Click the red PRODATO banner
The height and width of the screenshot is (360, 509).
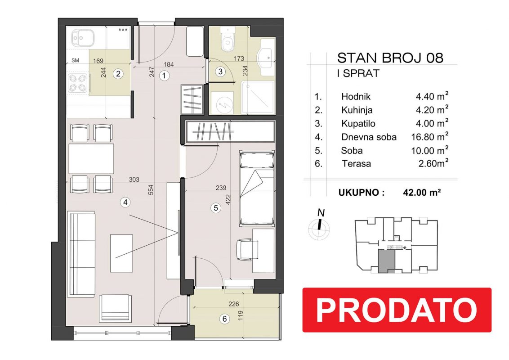coord(397,310)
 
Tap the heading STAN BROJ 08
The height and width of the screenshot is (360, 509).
coord(390,58)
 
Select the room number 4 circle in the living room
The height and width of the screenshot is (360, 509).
coord(125,202)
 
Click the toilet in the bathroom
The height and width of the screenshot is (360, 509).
coord(227,40)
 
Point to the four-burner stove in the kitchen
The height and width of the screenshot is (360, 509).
coord(78,83)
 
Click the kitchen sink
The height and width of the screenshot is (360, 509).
coord(83,39)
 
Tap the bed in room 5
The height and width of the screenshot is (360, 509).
coord(257,188)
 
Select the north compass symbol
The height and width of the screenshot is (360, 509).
coord(319,225)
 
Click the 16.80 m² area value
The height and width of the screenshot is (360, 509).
coord(430,137)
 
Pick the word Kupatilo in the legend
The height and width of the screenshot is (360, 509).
coord(358,124)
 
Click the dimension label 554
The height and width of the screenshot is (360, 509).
coord(151,190)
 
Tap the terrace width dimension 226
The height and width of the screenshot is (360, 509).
coord(234,304)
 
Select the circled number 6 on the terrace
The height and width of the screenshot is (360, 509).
coord(225,319)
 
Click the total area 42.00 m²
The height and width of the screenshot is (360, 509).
coord(422,192)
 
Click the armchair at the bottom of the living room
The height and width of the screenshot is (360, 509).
coord(115,307)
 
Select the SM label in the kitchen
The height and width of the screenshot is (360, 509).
coord(75,60)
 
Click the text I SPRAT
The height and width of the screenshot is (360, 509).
coord(358,74)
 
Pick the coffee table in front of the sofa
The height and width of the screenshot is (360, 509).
coord(121,253)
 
